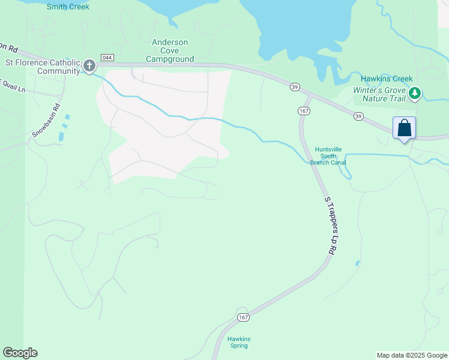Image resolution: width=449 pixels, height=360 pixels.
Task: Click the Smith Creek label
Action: pyautogui.click(x=68, y=7)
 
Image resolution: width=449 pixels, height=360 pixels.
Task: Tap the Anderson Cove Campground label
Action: pyautogui.click(x=170, y=51)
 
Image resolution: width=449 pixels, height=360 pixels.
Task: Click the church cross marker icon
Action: pyautogui.click(x=89, y=65)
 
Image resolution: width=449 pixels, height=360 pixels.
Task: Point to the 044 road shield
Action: pyautogui.click(x=107, y=58)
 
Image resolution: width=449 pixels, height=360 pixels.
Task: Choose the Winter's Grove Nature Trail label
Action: pyautogui.click(x=379, y=94)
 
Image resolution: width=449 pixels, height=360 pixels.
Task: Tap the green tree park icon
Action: pyautogui.click(x=415, y=93)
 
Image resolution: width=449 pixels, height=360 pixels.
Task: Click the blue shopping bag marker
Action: pyautogui.click(x=404, y=128)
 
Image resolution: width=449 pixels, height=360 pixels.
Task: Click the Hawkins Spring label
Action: pyautogui.click(x=239, y=343)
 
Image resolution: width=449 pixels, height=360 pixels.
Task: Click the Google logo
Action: pyautogui.click(x=20, y=353)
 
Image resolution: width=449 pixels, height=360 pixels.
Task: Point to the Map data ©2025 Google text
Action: pyautogui.click(x=412, y=355)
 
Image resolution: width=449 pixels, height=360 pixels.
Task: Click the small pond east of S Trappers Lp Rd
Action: pyautogui.click(x=358, y=263)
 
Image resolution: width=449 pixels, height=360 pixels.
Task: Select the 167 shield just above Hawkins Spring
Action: pyautogui.click(x=243, y=317)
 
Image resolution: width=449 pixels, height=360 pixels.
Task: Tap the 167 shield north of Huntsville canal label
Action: pyautogui.click(x=303, y=111)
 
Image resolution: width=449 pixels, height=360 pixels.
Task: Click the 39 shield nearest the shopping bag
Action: pyautogui.click(x=358, y=116)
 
